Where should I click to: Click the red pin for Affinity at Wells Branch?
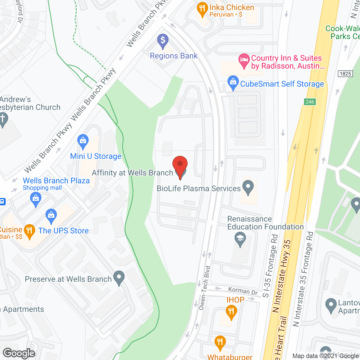point(180,165)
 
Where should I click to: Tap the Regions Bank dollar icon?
point(163,40)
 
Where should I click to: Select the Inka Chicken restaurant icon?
point(202,9)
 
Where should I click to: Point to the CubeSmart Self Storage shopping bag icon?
point(233,82)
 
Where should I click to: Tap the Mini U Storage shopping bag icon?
point(83,141)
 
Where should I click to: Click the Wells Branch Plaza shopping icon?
point(36,199)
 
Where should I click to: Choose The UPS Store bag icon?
point(51,216)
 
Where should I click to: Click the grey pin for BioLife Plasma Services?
point(248,187)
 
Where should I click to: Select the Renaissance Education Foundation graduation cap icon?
point(240,239)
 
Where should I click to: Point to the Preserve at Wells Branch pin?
point(119,277)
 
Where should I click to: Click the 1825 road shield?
point(345,74)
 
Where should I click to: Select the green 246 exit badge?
point(310,102)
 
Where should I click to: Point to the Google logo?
point(19,353)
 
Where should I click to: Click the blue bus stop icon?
point(2,202)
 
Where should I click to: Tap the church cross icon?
point(3,120)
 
